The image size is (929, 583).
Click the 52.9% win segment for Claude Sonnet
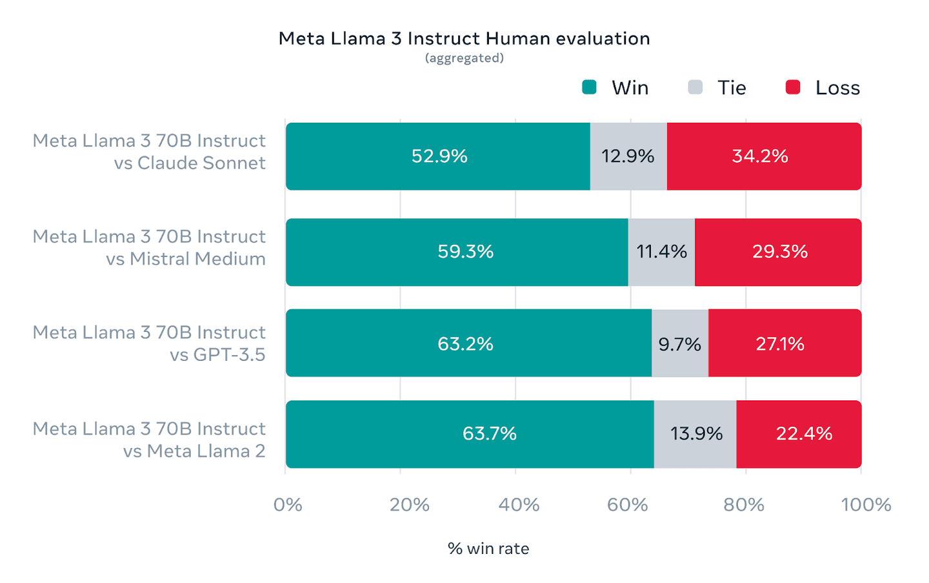pyautogui.click(x=438, y=156)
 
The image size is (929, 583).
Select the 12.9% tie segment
pyautogui.click(x=628, y=156)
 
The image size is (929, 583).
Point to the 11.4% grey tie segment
pyautogui.click(x=661, y=252)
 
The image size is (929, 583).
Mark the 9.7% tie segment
pyautogui.click(x=680, y=343)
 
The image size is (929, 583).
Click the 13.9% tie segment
pyautogui.click(x=695, y=434)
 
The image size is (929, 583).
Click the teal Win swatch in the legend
pyautogui.click(x=589, y=87)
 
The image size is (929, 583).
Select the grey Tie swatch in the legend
pyautogui.click(x=695, y=87)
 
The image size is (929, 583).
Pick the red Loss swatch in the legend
pyautogui.click(x=793, y=87)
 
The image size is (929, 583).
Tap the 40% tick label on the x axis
pyautogui.click(x=519, y=504)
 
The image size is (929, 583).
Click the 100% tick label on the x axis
pyautogui.click(x=866, y=504)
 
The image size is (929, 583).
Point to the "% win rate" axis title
pyautogui.click(x=488, y=549)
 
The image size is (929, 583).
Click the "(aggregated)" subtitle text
pyautogui.click(x=464, y=58)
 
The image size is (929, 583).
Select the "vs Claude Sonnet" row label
pyautogui.click(x=190, y=163)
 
